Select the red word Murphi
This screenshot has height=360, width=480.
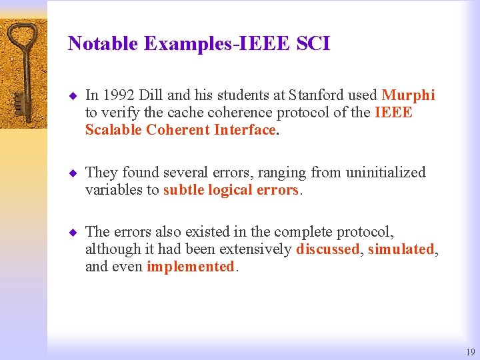(x=408, y=96)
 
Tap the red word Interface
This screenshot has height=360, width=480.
(x=245, y=130)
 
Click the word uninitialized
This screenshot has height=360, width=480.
(x=385, y=173)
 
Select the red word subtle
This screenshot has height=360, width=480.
(x=183, y=190)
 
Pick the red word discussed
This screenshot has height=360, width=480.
(x=327, y=250)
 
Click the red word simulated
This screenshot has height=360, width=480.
(x=401, y=250)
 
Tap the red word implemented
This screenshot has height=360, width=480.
(x=190, y=267)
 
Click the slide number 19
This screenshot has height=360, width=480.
(x=471, y=352)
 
